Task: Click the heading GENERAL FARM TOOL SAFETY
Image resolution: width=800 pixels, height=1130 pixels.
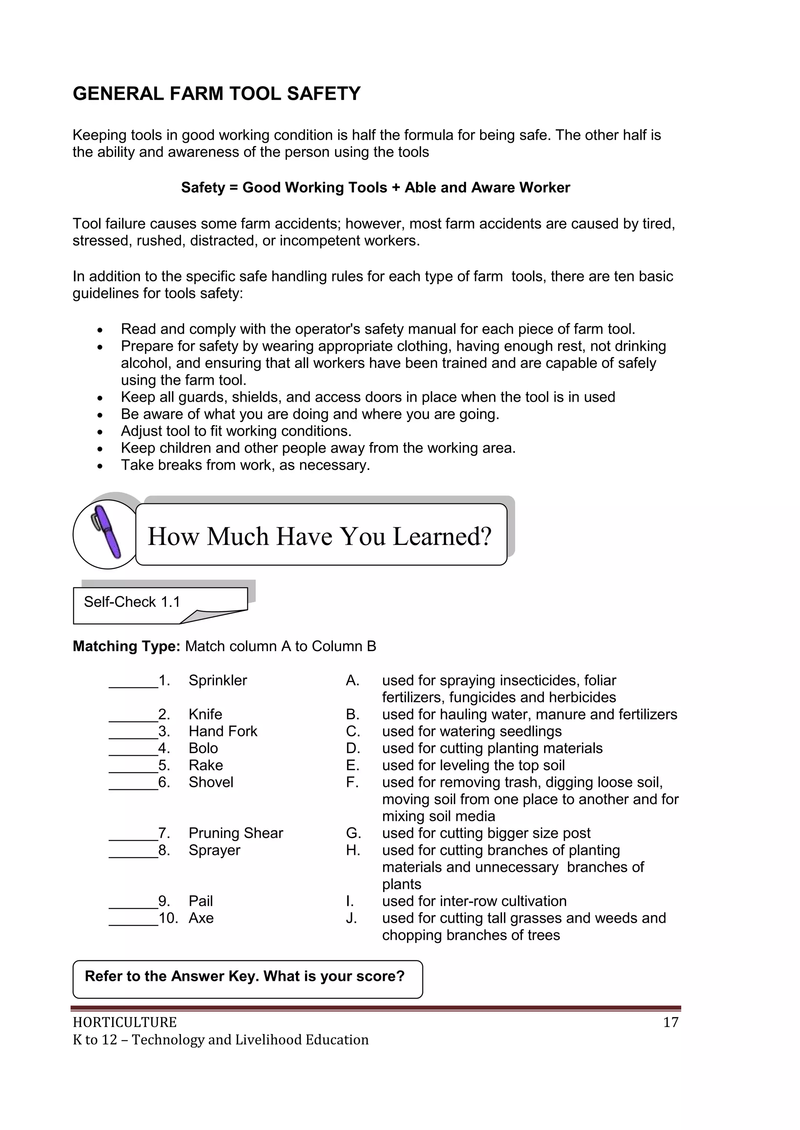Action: [216, 94]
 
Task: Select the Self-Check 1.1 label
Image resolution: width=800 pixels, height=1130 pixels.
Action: [132, 601]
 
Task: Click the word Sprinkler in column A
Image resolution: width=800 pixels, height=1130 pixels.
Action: [217, 680]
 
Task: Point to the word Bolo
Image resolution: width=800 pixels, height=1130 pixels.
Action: [203, 748]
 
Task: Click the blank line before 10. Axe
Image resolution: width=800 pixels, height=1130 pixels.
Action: [133, 919]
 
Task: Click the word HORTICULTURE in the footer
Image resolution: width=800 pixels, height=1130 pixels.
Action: [125, 1022]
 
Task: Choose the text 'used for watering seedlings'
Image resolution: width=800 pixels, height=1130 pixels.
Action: [471, 731]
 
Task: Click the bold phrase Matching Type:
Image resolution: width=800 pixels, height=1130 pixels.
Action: [127, 646]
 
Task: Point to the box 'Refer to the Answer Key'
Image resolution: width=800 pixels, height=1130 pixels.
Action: [247, 979]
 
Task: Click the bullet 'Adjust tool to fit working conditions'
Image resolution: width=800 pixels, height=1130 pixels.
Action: [236, 431]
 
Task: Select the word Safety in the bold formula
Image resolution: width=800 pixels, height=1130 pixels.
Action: [202, 187]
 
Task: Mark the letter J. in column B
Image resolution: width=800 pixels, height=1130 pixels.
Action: [351, 918]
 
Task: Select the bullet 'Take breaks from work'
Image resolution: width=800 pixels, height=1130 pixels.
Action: [245, 465]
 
